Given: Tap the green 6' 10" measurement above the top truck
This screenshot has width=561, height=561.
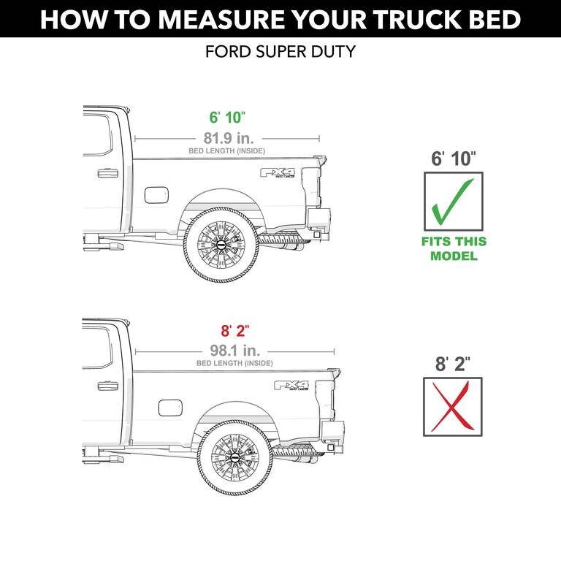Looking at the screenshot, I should pos(227,118).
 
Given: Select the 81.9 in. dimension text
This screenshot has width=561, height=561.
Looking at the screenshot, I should pos(227,137).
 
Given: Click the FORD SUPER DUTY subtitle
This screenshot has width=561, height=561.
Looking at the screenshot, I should pos(280,53).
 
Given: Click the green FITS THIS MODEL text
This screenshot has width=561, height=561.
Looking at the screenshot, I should pos(453,248).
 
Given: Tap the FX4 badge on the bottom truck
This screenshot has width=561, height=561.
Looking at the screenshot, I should pos(291,386).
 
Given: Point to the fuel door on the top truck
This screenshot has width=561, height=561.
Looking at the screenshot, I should pos(156,194).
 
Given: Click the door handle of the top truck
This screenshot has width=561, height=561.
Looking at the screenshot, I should pos(107,173).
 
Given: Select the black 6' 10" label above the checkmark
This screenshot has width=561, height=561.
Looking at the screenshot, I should pos(453,157).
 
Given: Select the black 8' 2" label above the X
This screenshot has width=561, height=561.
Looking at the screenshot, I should pos(453,364).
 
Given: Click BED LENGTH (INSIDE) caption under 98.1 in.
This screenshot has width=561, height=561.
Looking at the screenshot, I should pos(234,363).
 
